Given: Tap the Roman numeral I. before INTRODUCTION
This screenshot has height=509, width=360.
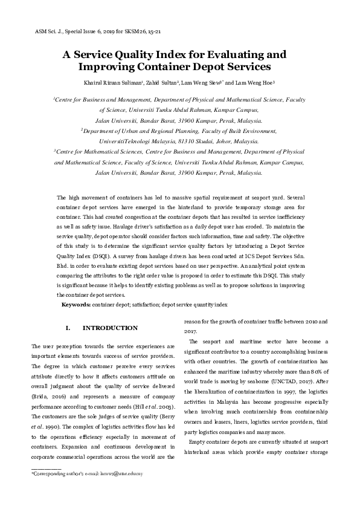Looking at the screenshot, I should pos(68,328).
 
